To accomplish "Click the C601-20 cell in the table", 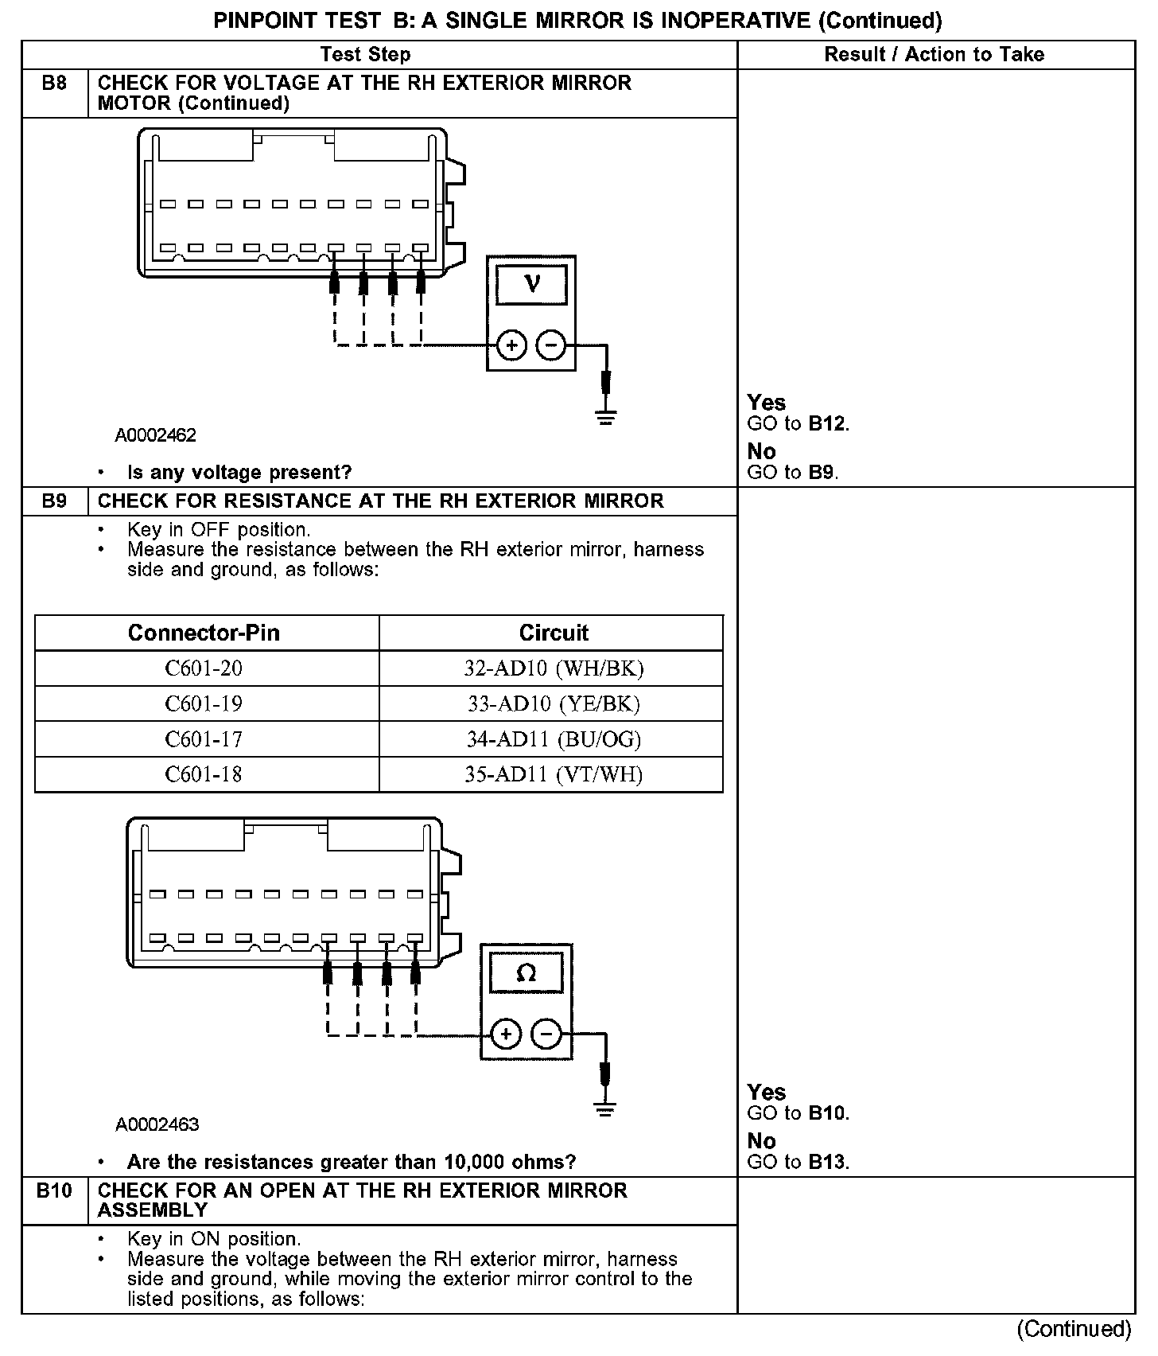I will click(204, 668).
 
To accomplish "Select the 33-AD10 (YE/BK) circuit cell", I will click(554, 703).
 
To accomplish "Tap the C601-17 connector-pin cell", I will click(204, 739).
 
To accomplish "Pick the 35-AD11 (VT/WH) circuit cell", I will click(554, 774).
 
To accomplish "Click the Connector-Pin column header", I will click(204, 633).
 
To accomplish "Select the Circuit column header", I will click(554, 633).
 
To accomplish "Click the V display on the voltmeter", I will click(532, 283).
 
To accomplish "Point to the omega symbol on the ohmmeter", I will click(526, 972).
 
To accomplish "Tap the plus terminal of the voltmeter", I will click(512, 345).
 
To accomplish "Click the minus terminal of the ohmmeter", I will click(546, 1035).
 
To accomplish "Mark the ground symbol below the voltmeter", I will click(606, 417).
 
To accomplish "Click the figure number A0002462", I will click(156, 435).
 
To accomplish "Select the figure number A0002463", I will click(157, 1124).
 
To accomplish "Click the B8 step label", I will click(54, 83).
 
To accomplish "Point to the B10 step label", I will click(54, 1190).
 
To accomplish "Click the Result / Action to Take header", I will click(935, 54).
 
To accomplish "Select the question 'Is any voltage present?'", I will click(239, 473).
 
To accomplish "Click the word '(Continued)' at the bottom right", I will click(1074, 1329).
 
